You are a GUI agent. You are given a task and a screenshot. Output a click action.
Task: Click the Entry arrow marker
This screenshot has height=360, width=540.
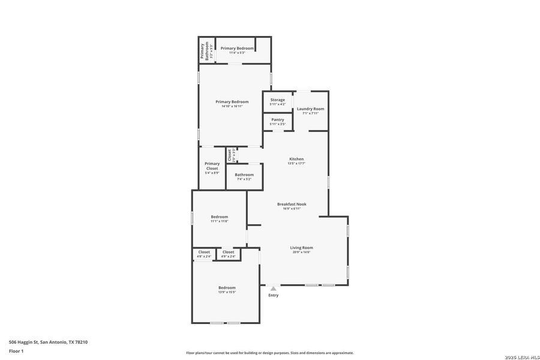(274, 289)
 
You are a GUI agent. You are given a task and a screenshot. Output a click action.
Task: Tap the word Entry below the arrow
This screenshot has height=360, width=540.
(274, 295)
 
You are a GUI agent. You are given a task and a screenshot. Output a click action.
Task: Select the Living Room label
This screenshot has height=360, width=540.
(301, 248)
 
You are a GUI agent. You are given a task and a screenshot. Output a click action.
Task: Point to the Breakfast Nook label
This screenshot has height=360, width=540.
(292, 204)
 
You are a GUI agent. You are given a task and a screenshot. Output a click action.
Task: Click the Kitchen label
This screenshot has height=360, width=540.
(296, 159)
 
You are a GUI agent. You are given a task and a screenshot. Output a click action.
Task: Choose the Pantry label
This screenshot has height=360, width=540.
(277, 119)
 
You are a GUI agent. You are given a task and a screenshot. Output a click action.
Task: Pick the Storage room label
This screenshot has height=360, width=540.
(277, 100)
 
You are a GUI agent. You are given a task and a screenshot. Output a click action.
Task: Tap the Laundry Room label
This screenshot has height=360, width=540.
(310, 109)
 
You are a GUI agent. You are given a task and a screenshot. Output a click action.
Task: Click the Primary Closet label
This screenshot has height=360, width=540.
(212, 166)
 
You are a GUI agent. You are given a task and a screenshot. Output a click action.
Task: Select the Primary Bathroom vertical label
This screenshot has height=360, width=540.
(205, 50)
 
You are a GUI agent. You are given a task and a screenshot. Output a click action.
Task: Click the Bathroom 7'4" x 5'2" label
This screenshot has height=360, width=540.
(244, 175)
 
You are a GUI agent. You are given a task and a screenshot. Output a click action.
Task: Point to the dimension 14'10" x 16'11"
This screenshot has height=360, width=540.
(232, 106)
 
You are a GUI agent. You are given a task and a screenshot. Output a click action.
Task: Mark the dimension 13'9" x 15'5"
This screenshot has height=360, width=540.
(227, 292)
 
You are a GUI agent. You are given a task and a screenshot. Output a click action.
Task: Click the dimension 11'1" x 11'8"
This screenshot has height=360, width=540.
(219, 221)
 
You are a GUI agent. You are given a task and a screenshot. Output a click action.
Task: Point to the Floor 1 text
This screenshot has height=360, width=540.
(16, 350)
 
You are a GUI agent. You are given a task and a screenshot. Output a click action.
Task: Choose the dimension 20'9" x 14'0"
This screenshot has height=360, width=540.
(301, 252)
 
